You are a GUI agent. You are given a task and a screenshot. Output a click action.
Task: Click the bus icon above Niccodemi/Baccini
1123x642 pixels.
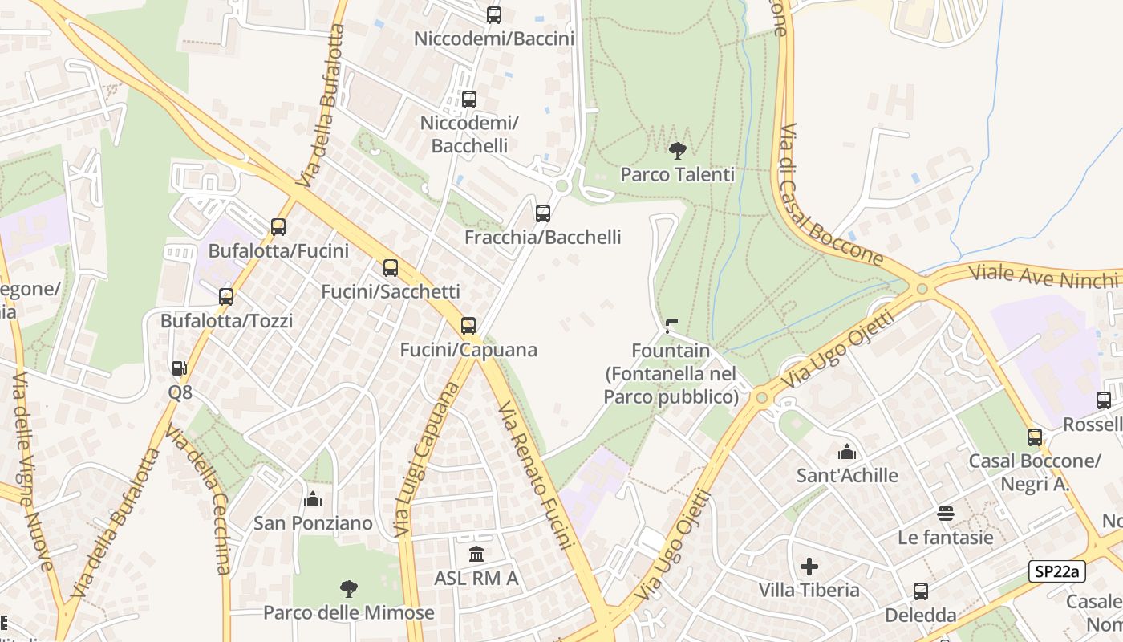coord(494,15)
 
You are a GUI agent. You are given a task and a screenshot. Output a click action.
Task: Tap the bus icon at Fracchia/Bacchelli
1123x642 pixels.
coord(543,213)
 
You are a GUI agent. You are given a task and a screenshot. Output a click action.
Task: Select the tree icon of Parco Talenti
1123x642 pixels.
coord(678,150)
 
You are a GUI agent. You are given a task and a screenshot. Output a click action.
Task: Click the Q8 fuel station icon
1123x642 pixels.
coord(180,368)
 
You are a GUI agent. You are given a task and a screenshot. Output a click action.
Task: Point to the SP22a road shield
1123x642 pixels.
coord(1057,571)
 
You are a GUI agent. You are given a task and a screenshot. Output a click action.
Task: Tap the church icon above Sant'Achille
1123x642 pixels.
coord(847,452)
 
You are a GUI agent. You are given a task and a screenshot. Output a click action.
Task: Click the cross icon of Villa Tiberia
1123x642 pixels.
coord(809,567)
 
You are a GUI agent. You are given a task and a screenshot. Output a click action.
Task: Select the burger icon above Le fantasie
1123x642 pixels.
coord(946,514)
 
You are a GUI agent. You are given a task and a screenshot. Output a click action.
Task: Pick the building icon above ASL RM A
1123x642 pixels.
coord(476,554)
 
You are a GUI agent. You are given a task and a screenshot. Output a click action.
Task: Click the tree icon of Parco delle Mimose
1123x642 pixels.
coord(348,589)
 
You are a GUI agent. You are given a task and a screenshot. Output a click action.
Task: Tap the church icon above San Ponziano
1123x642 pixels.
coord(313,499)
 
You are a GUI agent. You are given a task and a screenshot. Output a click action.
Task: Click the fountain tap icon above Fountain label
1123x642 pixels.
coord(671,327)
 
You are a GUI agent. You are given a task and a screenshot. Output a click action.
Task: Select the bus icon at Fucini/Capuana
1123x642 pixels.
coord(468,326)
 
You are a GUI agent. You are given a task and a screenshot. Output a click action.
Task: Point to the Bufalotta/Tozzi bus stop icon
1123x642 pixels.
coord(226,297)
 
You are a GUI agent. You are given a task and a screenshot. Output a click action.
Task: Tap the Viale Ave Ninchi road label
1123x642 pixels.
coord(1043,276)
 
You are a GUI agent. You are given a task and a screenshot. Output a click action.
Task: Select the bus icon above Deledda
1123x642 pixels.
coord(921,591)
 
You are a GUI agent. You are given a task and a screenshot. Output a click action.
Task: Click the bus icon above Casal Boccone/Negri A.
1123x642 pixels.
coord(1035,437)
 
